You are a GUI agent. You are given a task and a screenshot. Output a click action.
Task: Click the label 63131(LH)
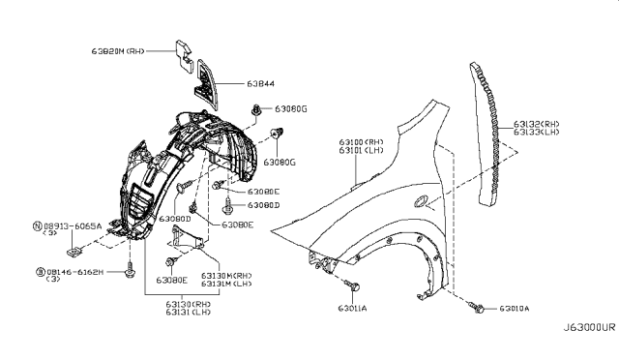175,312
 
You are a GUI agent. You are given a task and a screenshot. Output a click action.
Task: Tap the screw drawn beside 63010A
478,307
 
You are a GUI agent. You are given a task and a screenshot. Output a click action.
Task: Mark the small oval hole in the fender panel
418,202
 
